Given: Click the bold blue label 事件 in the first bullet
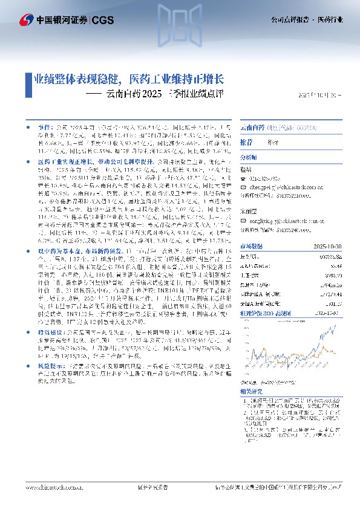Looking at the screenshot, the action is pos(44,129).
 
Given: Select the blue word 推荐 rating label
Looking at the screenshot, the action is pos(246,142).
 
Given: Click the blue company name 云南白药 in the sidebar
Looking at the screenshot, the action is pos(252,129).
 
